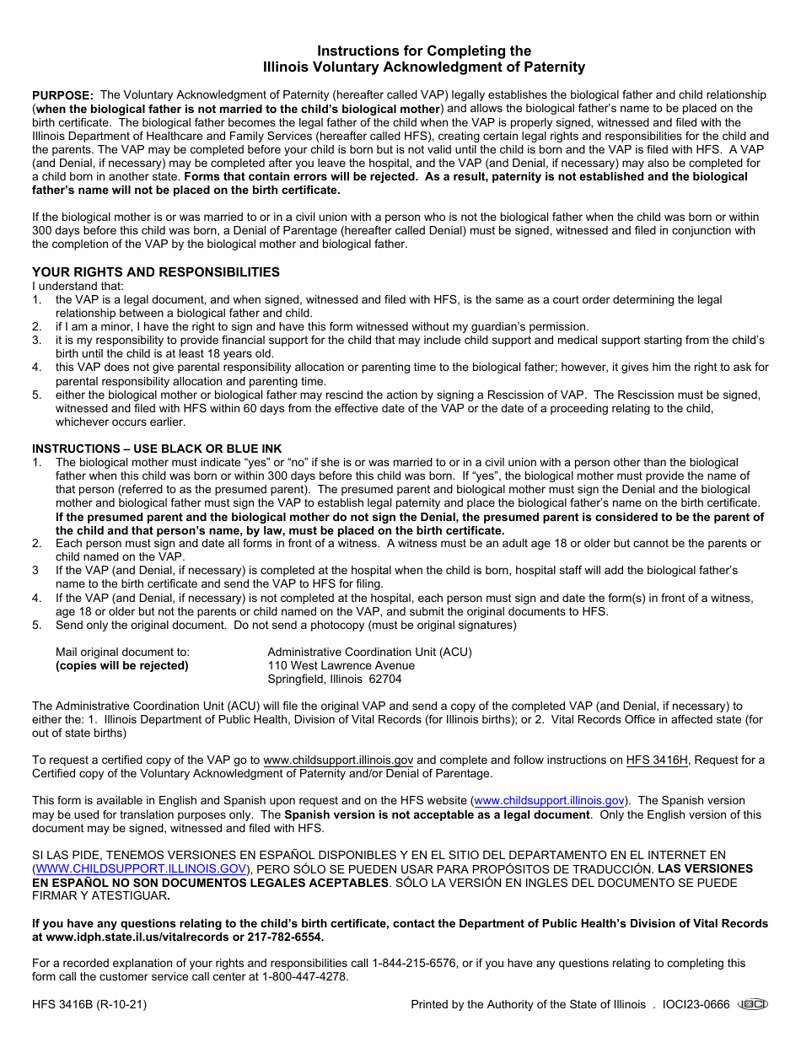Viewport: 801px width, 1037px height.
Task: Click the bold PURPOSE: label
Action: (62, 96)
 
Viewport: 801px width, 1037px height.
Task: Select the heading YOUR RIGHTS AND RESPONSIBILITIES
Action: (156, 272)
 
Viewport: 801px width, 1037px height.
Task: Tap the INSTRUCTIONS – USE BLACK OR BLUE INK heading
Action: (157, 449)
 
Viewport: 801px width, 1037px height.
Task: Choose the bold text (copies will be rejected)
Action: (122, 665)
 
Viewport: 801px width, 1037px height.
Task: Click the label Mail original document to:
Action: (122, 652)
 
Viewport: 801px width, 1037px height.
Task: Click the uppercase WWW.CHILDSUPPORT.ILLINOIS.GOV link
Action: (142, 868)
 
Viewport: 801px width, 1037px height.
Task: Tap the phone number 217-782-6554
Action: (286, 937)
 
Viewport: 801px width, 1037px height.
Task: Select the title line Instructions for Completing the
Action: (424, 51)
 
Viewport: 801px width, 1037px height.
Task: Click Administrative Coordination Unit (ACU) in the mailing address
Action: (369, 652)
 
